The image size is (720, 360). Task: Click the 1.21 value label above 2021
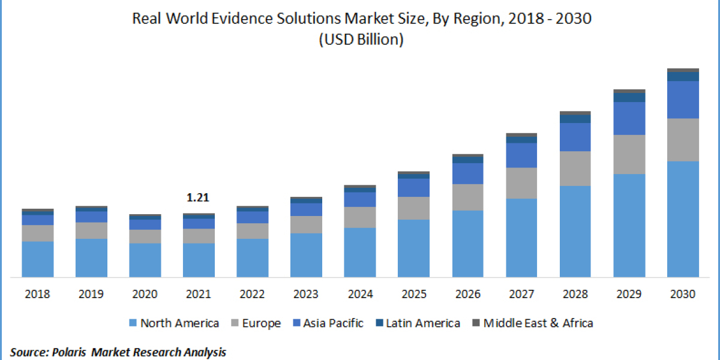click(199, 197)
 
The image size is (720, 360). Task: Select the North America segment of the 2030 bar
click(683, 219)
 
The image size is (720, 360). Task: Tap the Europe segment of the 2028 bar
click(575, 168)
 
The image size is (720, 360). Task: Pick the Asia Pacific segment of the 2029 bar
click(629, 118)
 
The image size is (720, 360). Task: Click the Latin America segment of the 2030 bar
click(683, 76)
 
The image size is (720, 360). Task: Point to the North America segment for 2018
click(38, 259)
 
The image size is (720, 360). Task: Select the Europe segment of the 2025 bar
click(414, 208)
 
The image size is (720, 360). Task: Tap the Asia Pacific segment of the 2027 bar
click(521, 155)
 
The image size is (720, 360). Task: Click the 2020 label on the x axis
click(145, 294)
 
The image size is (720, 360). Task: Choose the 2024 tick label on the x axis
click(360, 294)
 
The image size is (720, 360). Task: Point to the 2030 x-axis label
click(683, 294)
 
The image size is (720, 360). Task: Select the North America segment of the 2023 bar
click(306, 255)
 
